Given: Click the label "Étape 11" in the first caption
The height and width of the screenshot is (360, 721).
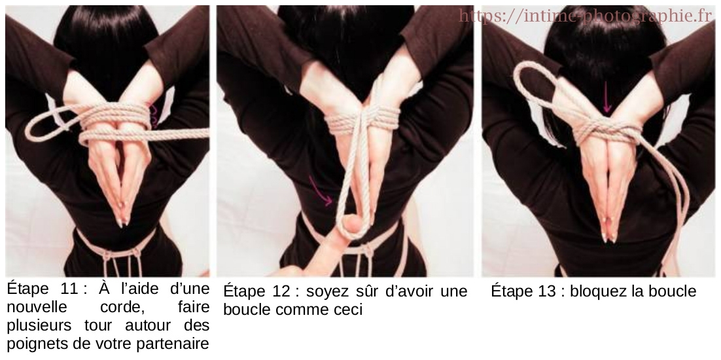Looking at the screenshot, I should [x=39, y=289].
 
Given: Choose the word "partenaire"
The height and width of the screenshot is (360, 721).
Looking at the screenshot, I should [x=175, y=342].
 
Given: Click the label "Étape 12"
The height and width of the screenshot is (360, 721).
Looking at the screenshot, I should [x=256, y=291].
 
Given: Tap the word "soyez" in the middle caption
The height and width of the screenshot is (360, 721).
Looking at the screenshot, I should [x=326, y=291].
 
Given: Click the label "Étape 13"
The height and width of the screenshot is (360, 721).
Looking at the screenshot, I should [x=524, y=291].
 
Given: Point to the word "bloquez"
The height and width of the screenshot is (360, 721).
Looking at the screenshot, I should [x=598, y=291].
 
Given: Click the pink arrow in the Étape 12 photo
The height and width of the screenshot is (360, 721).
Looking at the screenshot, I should [x=321, y=195].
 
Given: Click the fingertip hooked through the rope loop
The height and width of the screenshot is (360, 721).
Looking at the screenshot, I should [x=353, y=226].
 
